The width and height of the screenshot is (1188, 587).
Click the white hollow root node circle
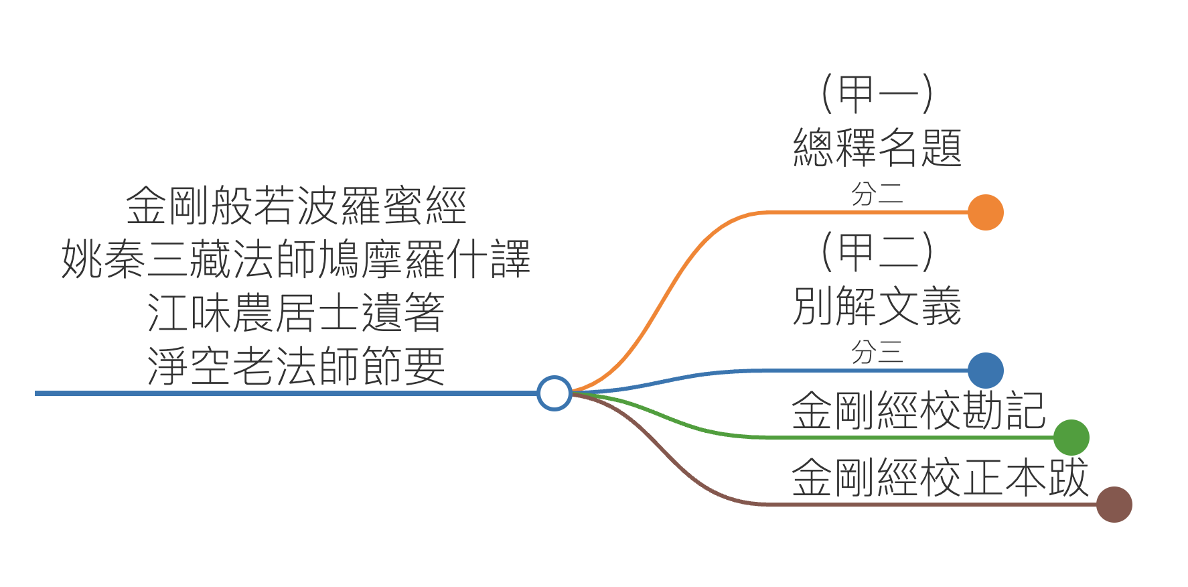tap(554, 393)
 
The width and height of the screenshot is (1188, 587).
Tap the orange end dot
tap(985, 212)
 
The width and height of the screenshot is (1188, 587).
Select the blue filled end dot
tap(985, 370)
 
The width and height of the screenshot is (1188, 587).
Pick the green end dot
tap(1071, 438)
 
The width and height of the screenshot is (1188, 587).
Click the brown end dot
tap(1114, 505)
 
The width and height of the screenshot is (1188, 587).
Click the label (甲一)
tap(877, 93)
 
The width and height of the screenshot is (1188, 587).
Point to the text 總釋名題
tap(877, 147)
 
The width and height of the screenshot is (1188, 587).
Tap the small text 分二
tap(877, 194)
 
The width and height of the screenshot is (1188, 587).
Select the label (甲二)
tap(877, 251)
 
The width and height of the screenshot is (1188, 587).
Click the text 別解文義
tap(877, 306)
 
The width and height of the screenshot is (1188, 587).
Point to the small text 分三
tap(877, 352)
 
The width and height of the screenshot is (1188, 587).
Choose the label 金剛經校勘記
tap(918, 410)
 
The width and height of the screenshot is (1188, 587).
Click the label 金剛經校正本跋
tap(940, 478)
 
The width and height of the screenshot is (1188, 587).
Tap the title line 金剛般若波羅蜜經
tap(295, 205)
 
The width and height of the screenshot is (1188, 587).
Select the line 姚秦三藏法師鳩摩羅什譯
tap(295, 259)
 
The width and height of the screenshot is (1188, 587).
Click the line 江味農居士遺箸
tap(295, 313)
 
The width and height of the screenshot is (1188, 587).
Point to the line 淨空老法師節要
tap(295, 367)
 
